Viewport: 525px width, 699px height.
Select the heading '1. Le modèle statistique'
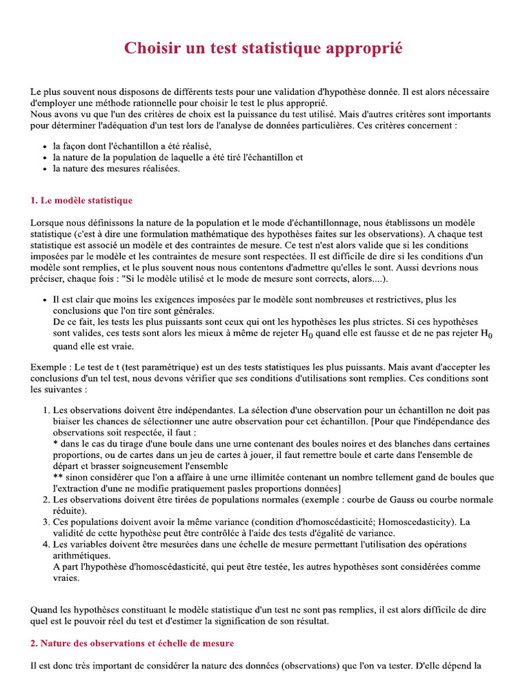coord(81,201)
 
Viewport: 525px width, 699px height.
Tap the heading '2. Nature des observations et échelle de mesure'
coord(132,643)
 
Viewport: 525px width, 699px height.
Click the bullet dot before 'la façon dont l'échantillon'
coord(44,147)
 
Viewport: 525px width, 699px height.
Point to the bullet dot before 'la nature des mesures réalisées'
coord(44,169)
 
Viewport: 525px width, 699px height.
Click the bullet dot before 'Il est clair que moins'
coord(44,300)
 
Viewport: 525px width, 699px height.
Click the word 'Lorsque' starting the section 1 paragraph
coord(48,223)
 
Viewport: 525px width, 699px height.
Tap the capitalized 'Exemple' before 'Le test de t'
coord(49,367)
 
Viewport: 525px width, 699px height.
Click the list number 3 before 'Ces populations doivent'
coord(45,522)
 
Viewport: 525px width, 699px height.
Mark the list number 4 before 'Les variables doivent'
coord(45,544)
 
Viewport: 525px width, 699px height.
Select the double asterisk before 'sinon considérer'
coord(57,478)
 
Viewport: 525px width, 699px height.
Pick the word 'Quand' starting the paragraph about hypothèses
coord(45,610)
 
